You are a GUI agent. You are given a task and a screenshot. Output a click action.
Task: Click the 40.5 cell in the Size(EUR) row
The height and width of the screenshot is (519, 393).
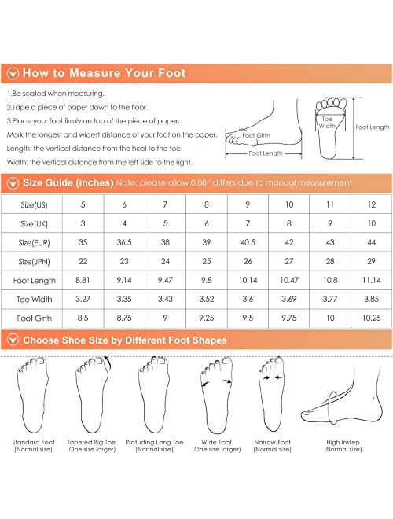point(248,243)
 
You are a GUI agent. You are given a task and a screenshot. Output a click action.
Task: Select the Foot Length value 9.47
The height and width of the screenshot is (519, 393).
point(165,281)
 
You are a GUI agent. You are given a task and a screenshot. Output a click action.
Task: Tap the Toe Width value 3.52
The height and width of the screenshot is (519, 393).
point(207,300)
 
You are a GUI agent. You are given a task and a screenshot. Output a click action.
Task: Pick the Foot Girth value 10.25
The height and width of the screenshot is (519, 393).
point(372,318)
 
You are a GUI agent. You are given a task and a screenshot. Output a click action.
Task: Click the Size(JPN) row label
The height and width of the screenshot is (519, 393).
point(34,262)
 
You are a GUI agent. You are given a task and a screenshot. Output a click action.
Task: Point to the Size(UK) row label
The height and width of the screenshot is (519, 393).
point(34,224)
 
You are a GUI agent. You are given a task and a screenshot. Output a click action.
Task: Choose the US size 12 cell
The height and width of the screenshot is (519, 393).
point(372,204)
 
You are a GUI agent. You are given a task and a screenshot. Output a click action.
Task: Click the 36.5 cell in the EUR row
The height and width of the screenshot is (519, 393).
point(124,243)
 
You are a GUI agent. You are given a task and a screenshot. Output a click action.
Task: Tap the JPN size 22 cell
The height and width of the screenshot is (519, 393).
point(83,262)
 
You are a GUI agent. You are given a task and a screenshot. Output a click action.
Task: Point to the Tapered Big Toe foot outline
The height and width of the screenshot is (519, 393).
point(92,394)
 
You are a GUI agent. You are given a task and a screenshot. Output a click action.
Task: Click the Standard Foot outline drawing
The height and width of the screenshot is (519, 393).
point(33,395)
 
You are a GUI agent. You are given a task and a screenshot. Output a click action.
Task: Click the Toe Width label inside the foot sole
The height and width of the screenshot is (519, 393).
point(327,123)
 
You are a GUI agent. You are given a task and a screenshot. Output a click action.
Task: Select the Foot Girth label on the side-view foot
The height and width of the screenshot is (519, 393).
point(256,135)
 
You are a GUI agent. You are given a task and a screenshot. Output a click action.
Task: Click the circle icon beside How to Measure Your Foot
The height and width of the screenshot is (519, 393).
point(13,73)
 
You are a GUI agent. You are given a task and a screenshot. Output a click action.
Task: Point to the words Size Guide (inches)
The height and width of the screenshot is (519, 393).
point(68,182)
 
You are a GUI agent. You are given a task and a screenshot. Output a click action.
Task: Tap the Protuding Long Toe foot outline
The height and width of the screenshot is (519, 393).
point(154,395)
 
